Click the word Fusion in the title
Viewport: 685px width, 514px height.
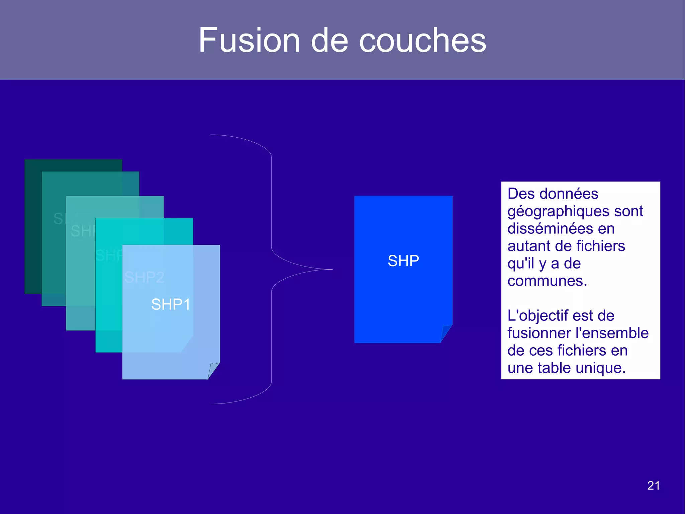coord(249,40)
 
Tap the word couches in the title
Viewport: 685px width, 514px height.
coord(422,41)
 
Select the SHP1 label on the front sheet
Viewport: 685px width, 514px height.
coord(171,304)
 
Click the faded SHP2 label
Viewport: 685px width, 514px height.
coord(144,277)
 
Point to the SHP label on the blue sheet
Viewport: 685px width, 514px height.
coord(403,261)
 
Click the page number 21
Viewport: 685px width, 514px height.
coord(653,486)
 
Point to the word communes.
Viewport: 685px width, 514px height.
coord(547,281)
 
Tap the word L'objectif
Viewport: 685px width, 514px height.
coord(537,316)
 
